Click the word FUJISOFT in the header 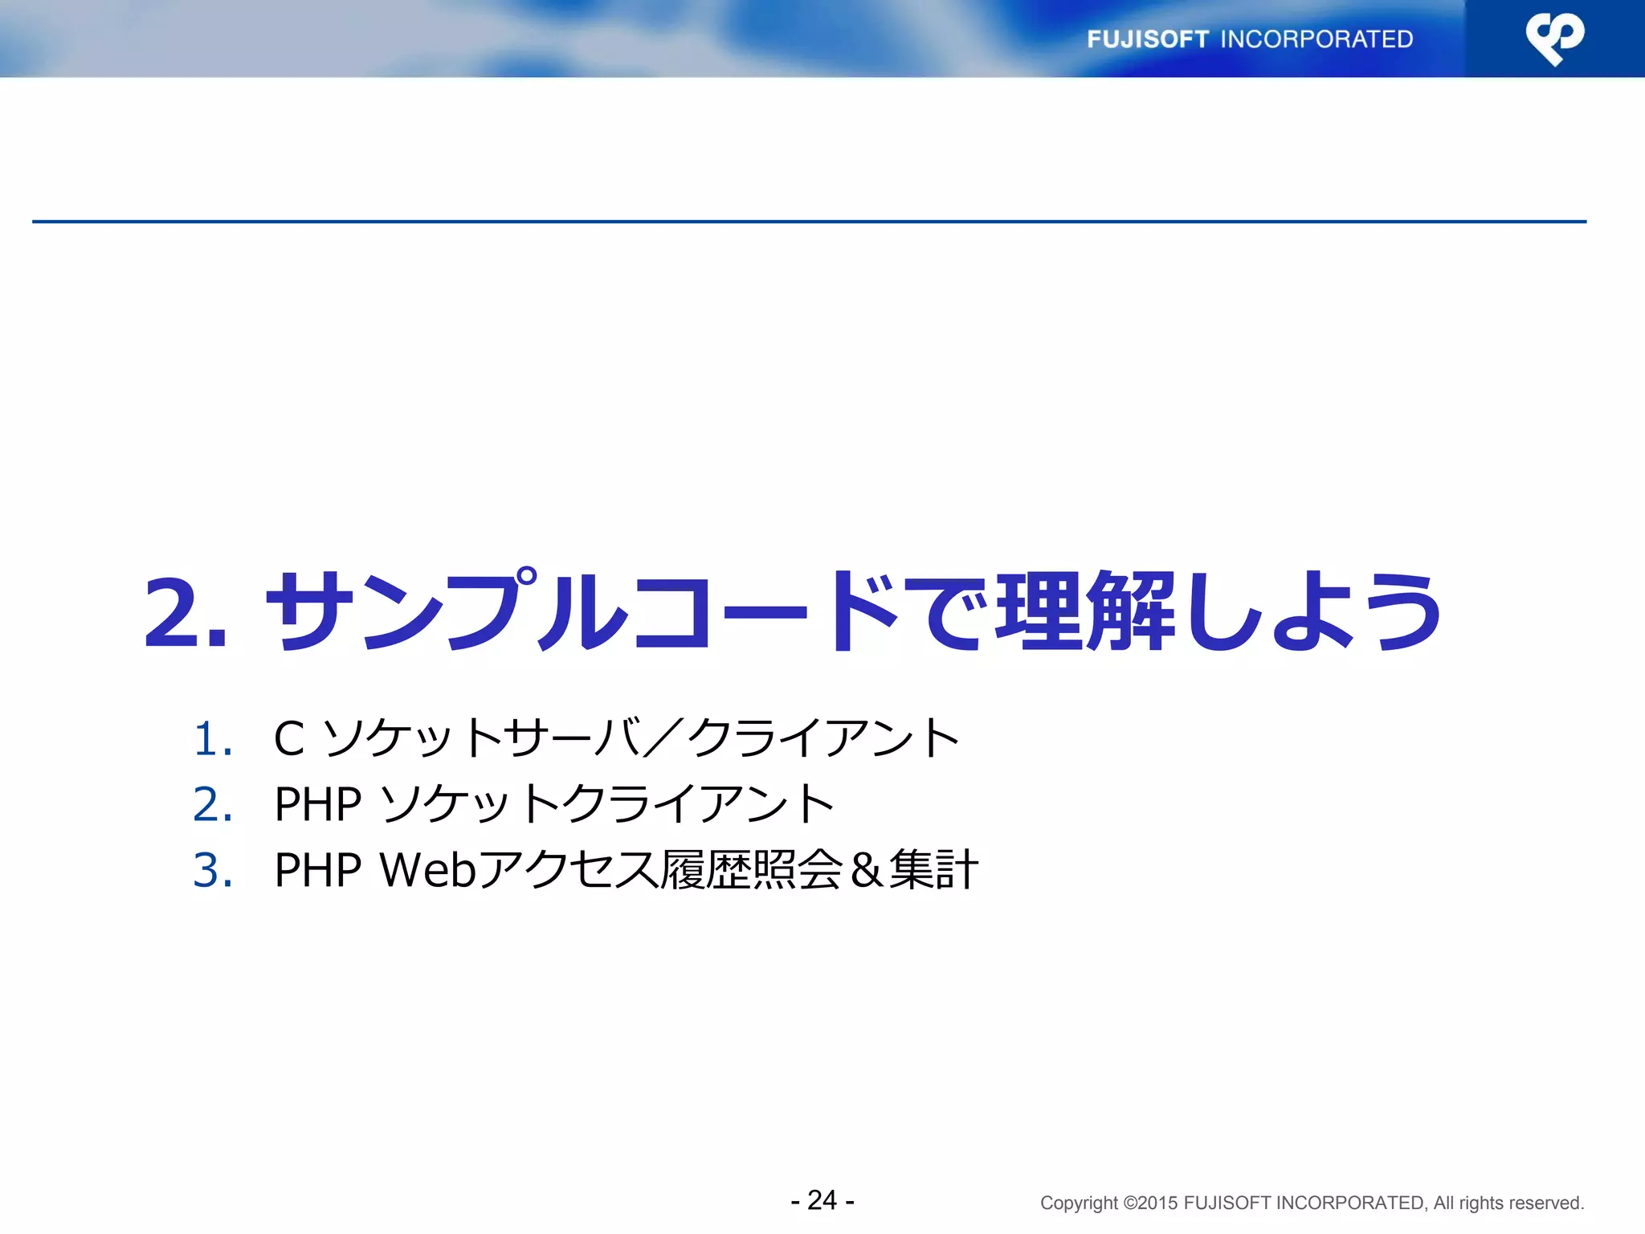click(1147, 39)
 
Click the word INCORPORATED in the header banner click(1316, 39)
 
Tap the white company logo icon click(1554, 39)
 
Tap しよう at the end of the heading click(1312, 611)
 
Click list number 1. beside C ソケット click(213, 739)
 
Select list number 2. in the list click(213, 804)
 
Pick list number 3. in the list click(213, 870)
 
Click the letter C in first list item click(289, 739)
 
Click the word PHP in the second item click(318, 804)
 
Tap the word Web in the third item click(428, 870)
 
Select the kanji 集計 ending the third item click(933, 870)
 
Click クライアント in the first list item click(824, 738)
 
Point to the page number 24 click(822, 1200)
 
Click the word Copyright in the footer click(1079, 1203)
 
